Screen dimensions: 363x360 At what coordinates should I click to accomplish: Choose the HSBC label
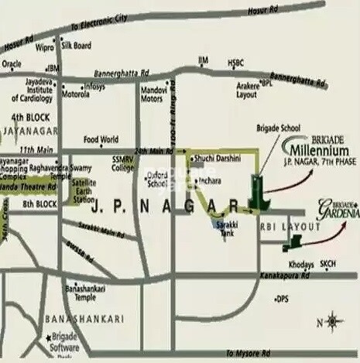point(236,63)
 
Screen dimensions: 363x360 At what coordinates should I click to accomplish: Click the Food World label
point(101,140)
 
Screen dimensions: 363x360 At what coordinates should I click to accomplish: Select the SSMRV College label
point(122,163)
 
